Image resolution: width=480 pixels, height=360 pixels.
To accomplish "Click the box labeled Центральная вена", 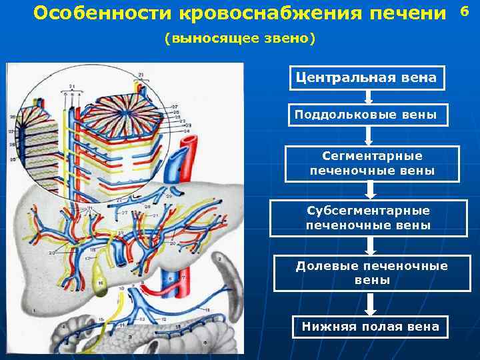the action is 366,79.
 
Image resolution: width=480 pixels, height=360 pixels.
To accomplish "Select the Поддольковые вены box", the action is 366,115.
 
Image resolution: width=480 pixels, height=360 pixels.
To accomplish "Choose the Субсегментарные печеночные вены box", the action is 369,218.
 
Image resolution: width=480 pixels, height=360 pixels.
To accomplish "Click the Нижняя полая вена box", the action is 371,327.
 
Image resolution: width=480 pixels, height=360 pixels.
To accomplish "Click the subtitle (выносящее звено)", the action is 239,39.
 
